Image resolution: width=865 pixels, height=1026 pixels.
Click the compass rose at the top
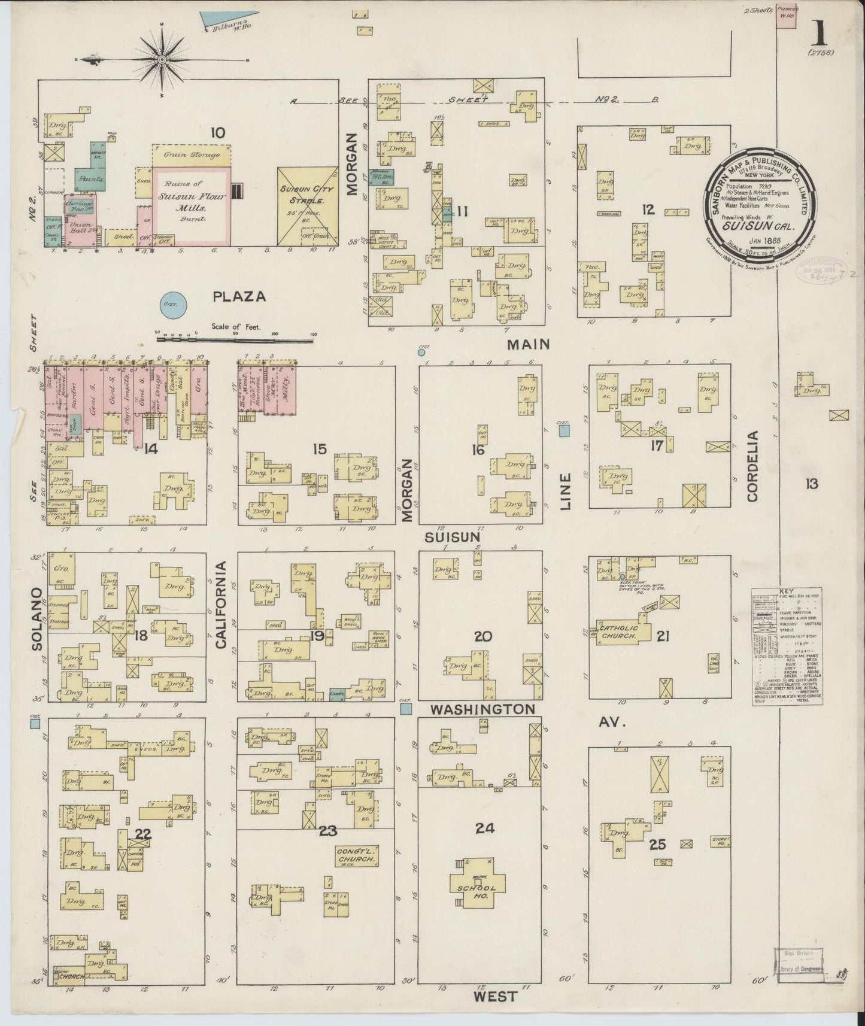click(162, 60)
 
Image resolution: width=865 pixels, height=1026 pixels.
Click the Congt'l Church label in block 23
click(356, 855)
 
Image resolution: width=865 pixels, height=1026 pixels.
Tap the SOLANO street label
click(38, 618)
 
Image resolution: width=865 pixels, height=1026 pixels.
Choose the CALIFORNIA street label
click(221, 605)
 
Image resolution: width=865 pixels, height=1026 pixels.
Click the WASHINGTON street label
click(482, 709)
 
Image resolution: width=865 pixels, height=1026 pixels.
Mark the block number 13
click(811, 484)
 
